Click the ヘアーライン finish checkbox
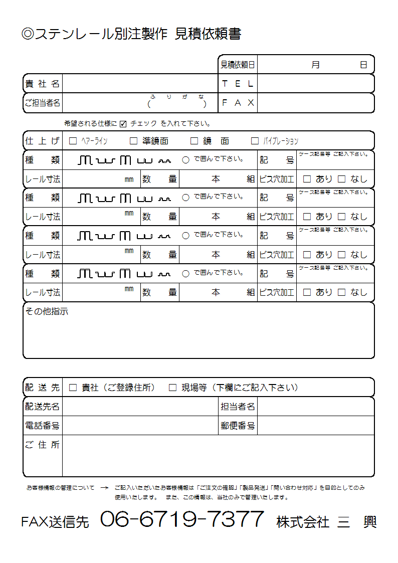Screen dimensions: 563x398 [x=73, y=141]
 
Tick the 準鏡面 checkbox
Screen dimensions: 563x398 [x=133, y=141]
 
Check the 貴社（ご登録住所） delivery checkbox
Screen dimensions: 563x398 [x=73, y=388]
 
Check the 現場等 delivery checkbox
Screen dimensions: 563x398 [x=172, y=388]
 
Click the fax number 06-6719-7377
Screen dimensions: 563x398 [x=182, y=519]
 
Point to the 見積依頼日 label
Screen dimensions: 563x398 [x=238, y=65]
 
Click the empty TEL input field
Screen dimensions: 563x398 [x=315, y=84]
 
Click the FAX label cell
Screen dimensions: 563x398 [x=238, y=103]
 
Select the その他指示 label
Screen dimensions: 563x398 [x=47, y=312]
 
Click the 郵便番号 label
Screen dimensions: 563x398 [x=238, y=426]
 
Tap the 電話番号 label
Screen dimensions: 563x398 [x=43, y=426]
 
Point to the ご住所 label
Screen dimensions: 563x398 [x=43, y=445]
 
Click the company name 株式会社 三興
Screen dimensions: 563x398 [x=326, y=522]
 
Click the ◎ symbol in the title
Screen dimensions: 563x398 [x=28, y=34]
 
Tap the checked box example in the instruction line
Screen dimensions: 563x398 [x=123, y=124]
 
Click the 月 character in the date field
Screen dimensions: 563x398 [x=315, y=65]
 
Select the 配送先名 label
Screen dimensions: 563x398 [x=43, y=407]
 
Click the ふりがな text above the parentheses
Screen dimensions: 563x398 [x=177, y=97]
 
